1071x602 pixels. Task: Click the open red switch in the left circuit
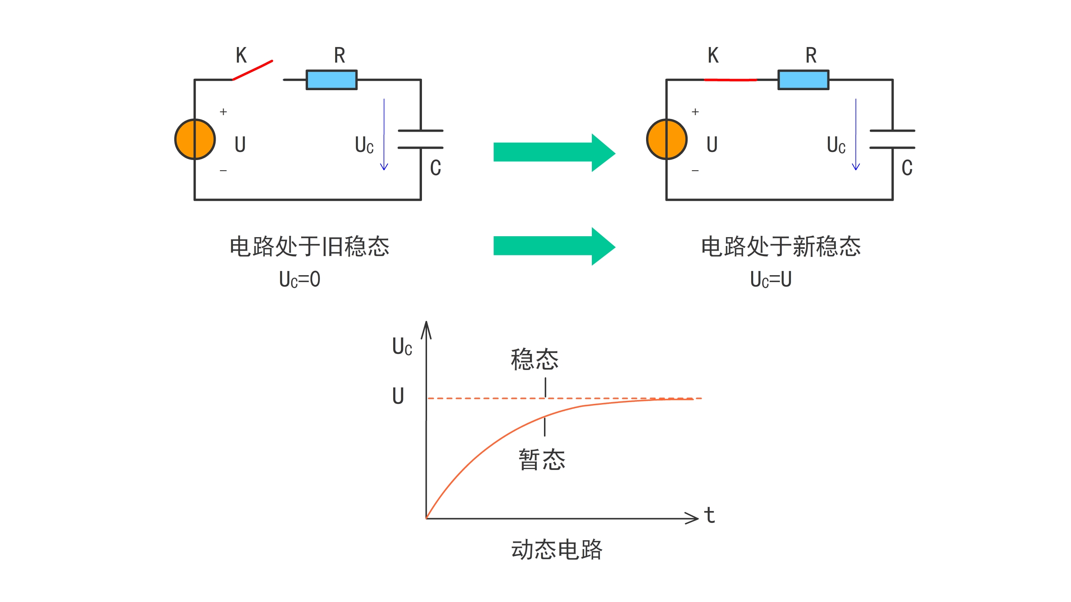pos(252,70)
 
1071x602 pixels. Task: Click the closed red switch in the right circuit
pos(730,80)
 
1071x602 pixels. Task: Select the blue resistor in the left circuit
pos(332,80)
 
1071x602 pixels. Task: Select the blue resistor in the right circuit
pos(803,80)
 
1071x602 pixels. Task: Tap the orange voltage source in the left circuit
pos(195,139)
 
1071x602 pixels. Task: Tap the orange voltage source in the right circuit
pos(667,139)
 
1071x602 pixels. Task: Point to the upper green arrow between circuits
pos(554,152)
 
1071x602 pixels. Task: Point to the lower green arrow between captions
pos(554,246)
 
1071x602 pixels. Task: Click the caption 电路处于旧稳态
pos(309,246)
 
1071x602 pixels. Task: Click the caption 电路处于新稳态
pos(781,246)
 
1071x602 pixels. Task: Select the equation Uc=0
pos(300,279)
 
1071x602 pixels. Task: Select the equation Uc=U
pos(771,279)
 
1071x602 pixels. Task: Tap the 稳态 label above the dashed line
pos(535,359)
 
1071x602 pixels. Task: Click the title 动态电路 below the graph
pos(557,550)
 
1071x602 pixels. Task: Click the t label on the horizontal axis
pos(710,516)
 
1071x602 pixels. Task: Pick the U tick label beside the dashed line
pos(398,396)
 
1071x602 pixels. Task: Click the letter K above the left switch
pos(241,55)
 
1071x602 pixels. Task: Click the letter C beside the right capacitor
pos(907,168)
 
